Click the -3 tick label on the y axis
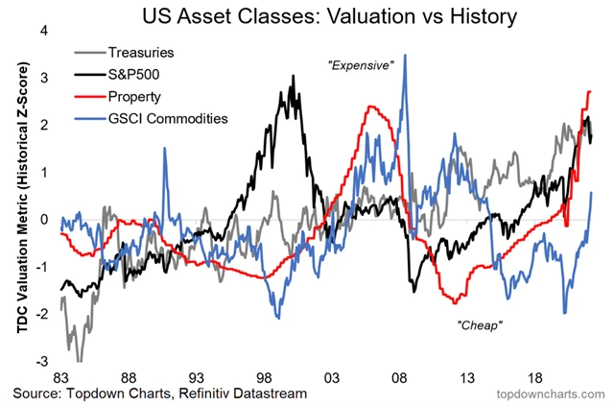41,362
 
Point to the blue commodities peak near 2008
405,56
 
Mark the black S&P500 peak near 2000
291,76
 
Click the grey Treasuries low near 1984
80,360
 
